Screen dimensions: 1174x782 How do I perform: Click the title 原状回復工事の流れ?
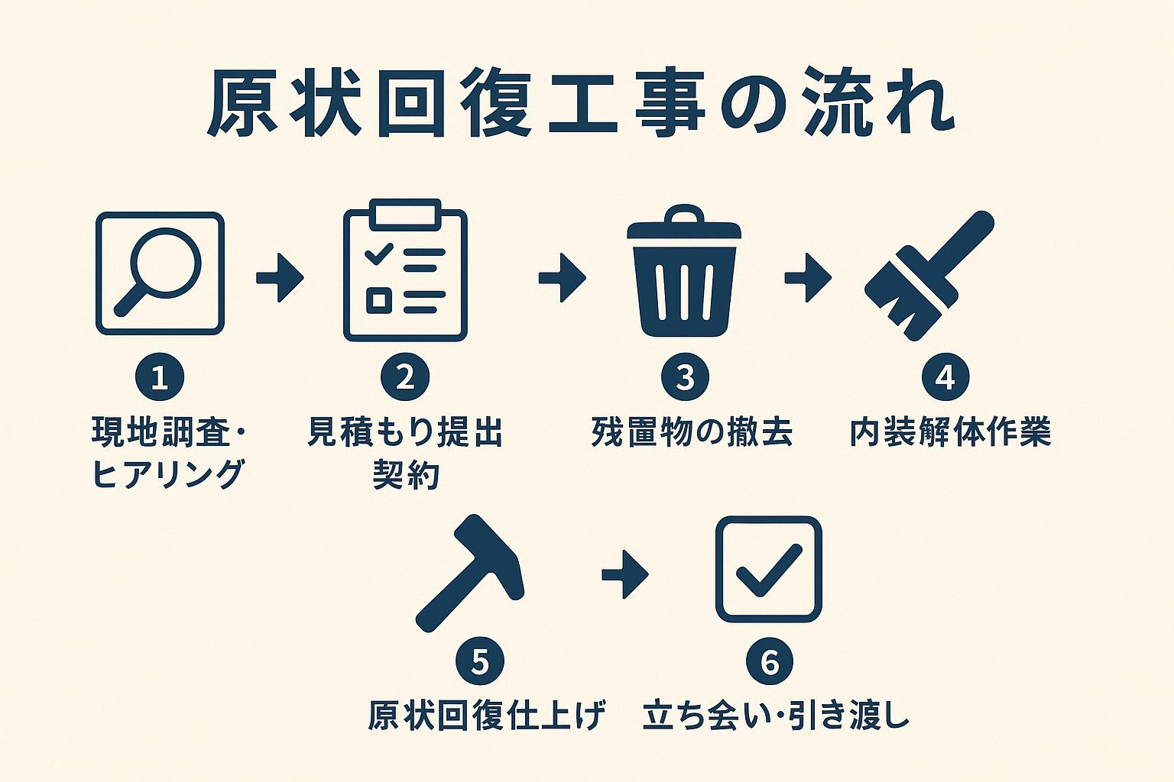[580, 109]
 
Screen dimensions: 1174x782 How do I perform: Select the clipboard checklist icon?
[405, 270]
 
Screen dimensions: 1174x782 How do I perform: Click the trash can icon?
[684, 273]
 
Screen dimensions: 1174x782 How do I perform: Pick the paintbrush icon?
[929, 276]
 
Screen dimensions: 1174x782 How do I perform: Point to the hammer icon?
[470, 573]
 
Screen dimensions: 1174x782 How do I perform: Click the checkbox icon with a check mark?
[768, 570]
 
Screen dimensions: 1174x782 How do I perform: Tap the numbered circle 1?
[160, 377]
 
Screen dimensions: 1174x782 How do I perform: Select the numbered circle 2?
[405, 377]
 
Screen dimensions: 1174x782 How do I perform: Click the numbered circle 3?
[685, 377]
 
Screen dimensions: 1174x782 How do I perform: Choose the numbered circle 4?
[945, 377]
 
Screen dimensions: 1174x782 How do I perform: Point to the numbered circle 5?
[480, 661]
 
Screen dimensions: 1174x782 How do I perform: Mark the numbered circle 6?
[770, 661]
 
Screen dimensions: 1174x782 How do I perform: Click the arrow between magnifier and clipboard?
[280, 278]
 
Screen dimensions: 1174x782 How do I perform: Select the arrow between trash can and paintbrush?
[808, 278]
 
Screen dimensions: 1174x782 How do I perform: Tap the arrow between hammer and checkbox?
[625, 574]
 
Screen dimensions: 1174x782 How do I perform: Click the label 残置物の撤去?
[692, 433]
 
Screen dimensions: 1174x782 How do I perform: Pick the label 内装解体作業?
[951, 433]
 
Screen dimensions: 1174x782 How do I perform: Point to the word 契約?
[406, 474]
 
